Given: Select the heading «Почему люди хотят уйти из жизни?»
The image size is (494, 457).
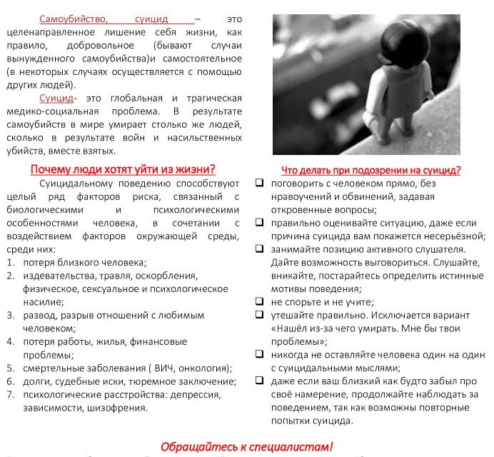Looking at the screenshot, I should [x=123, y=169].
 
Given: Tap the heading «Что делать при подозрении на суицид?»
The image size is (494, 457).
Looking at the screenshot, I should [x=370, y=170].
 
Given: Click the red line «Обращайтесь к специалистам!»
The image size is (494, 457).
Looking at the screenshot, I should [x=247, y=446].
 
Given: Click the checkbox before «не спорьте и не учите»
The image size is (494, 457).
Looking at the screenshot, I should [x=260, y=302].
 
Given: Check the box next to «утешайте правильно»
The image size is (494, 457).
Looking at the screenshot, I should [x=260, y=315].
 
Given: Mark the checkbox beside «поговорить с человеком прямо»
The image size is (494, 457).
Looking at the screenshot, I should [x=260, y=183].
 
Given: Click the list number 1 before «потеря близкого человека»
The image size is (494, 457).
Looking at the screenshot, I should [x=11, y=262].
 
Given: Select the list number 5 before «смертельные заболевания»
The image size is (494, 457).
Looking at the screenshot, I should [x=11, y=368].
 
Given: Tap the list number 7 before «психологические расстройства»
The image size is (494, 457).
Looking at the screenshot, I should [x=11, y=395].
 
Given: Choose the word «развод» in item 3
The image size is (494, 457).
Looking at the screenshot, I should [x=39, y=315].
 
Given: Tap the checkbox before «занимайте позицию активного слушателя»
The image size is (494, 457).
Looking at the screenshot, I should [x=260, y=249].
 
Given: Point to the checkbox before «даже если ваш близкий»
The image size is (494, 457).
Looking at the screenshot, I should [x=260, y=381].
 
